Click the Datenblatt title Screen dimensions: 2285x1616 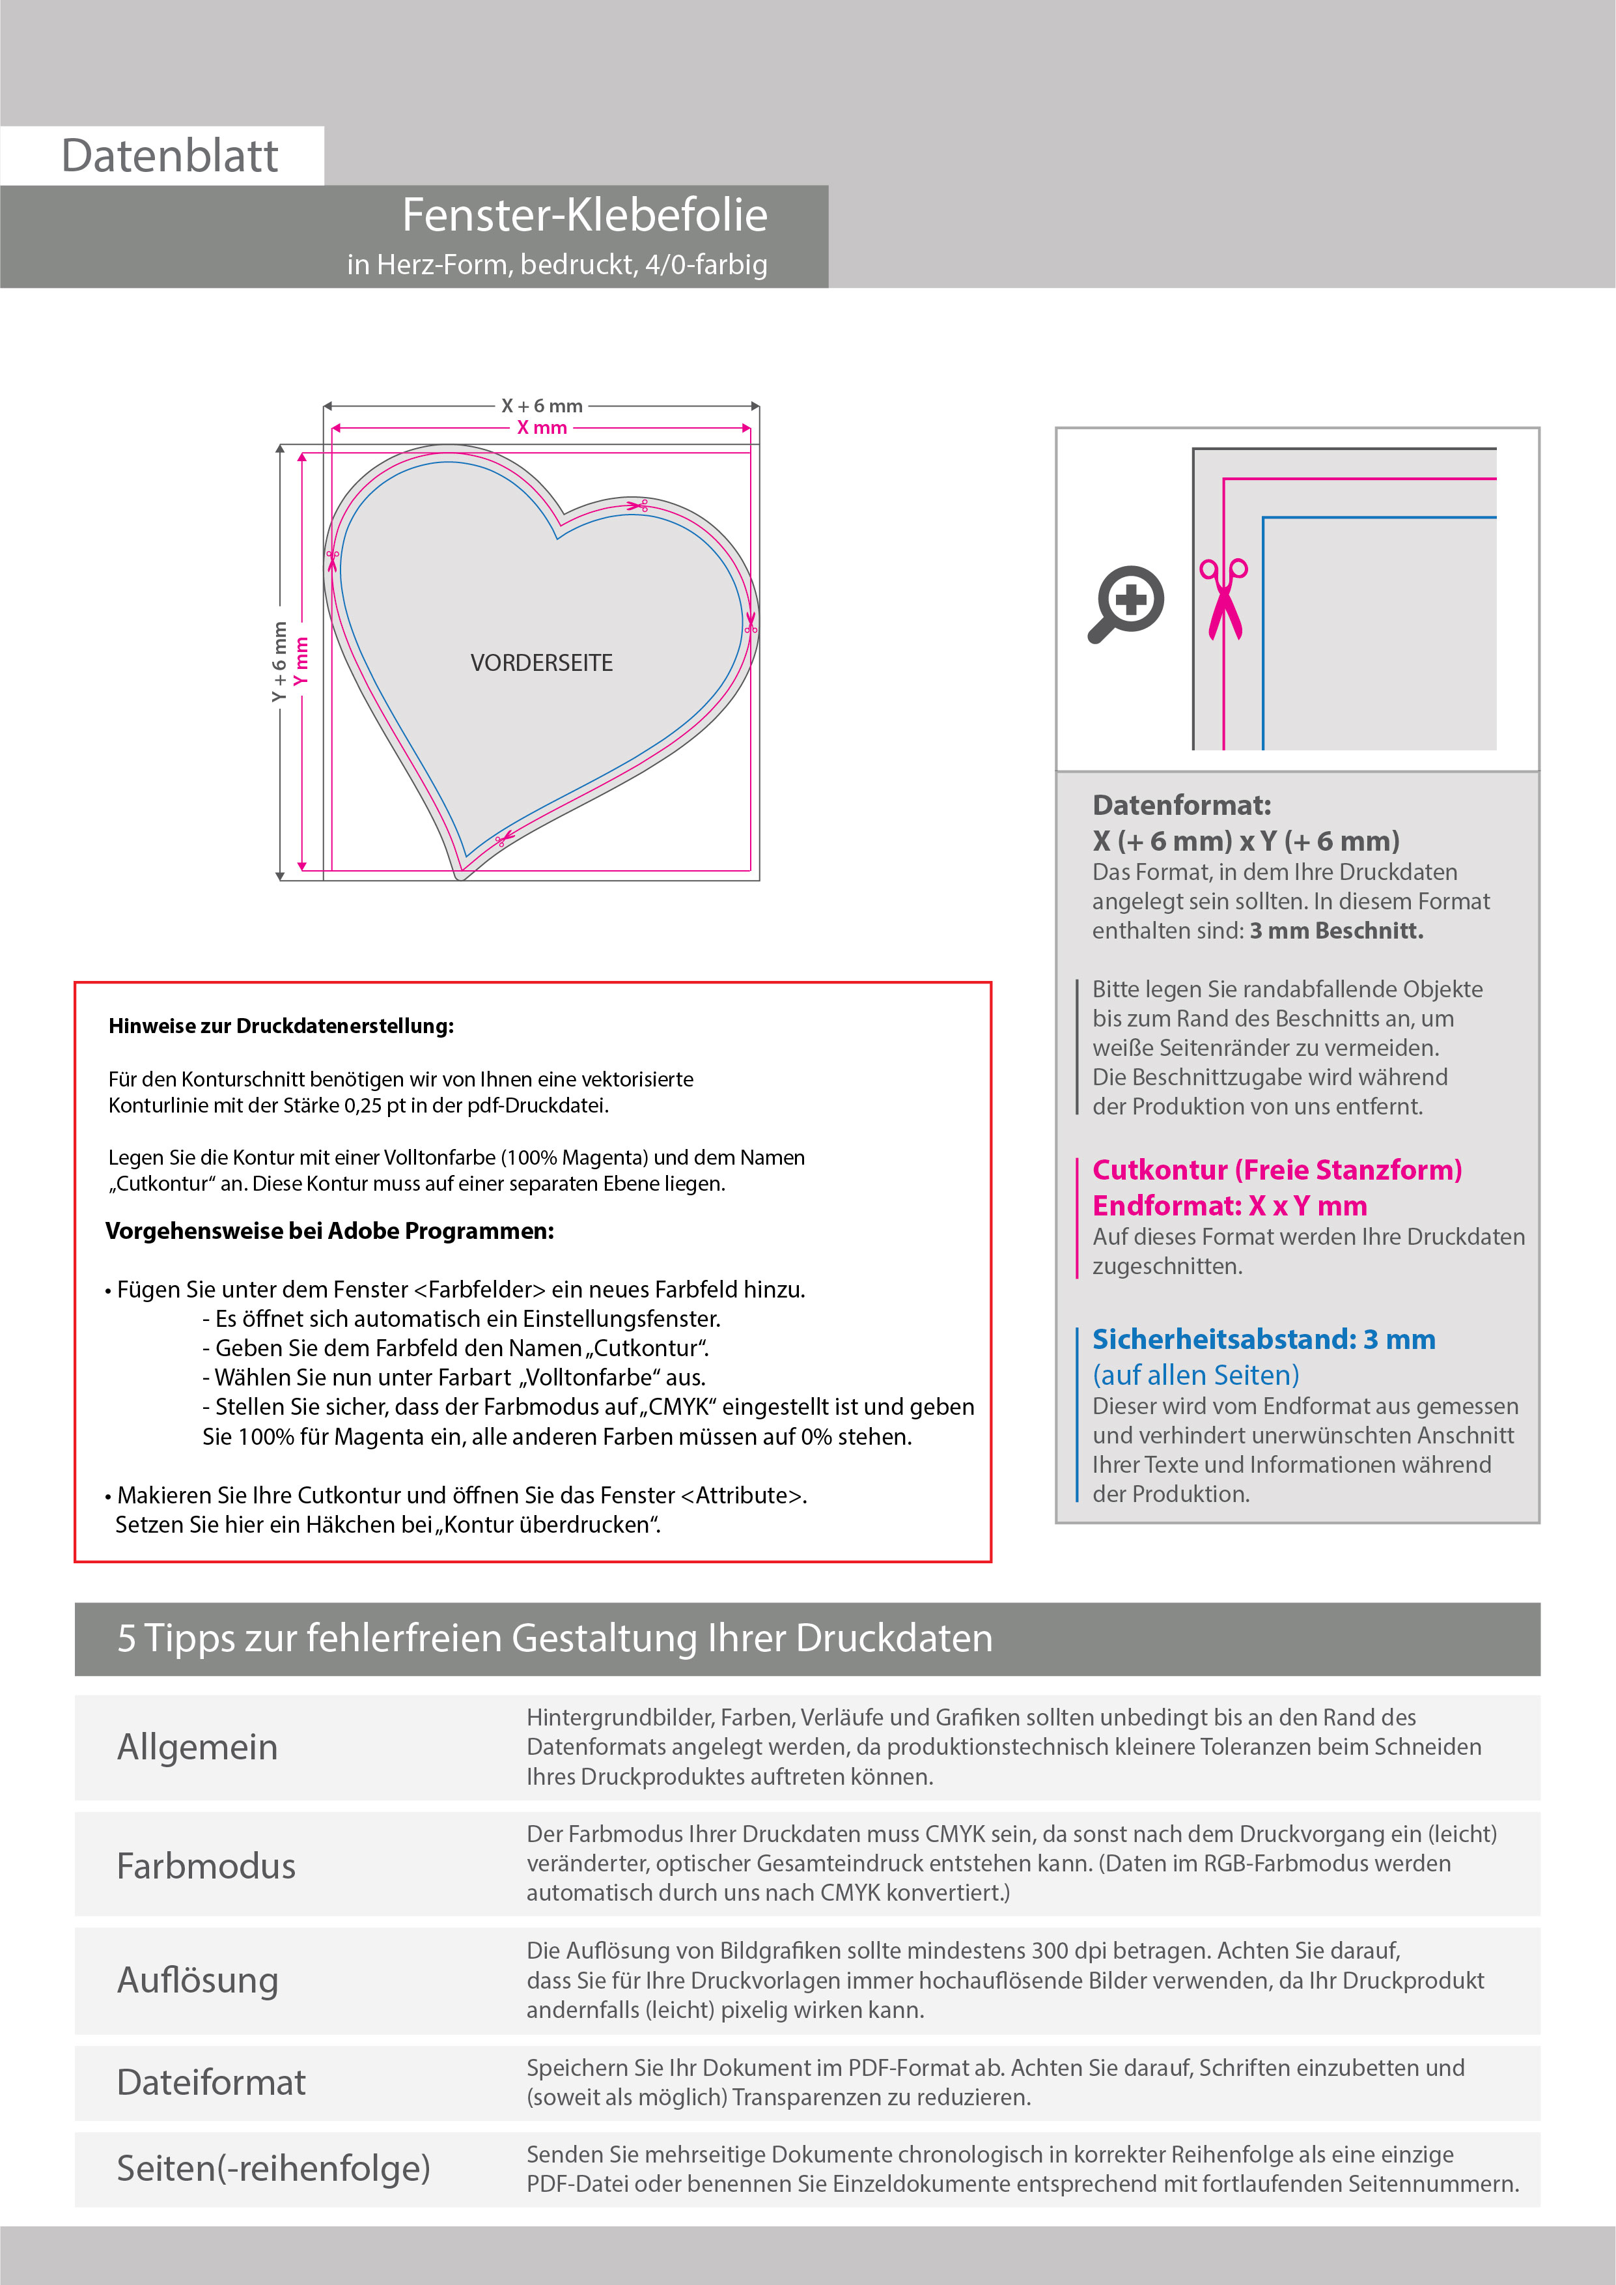(x=169, y=156)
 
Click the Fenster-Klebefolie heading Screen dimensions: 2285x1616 (x=584, y=215)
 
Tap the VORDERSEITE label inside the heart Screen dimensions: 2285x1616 (x=541, y=663)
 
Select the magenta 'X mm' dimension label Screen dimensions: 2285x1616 (x=541, y=428)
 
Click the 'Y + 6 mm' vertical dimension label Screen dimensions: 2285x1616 (x=279, y=662)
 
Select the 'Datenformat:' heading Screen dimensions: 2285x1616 (x=1181, y=805)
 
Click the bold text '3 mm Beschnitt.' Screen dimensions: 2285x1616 (x=1337, y=931)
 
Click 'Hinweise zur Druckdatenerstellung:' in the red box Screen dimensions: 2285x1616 (x=281, y=1026)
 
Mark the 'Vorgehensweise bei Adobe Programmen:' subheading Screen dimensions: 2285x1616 (x=329, y=1231)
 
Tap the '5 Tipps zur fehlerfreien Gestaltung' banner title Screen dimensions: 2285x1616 (x=554, y=1638)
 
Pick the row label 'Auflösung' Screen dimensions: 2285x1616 (x=197, y=1980)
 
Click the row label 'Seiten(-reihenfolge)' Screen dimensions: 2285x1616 (x=273, y=2168)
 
